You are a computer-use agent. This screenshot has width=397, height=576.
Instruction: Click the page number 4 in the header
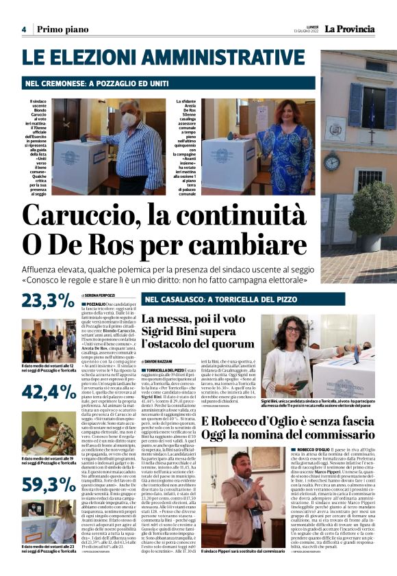click(23, 29)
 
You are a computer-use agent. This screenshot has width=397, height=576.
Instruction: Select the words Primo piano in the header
click(63, 29)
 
